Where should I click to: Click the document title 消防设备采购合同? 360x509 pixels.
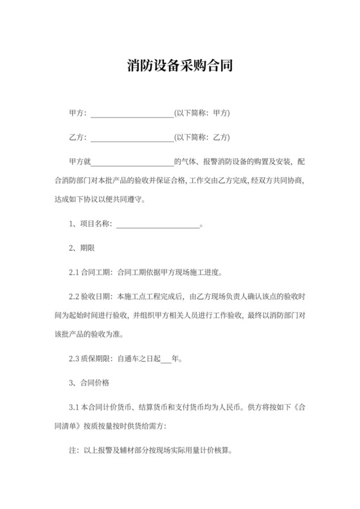click(179, 66)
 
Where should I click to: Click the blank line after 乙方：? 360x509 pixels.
click(132, 137)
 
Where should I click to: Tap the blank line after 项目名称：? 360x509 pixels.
click(157, 224)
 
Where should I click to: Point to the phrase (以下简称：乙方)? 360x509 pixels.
click(202, 137)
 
